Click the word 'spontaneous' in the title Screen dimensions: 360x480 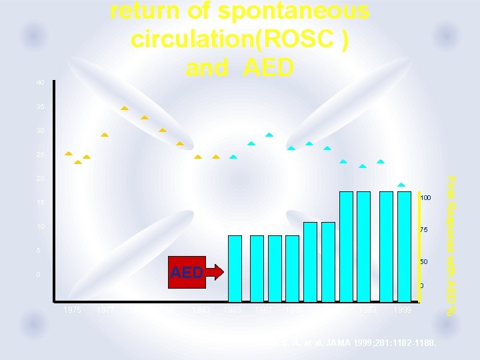point(293,12)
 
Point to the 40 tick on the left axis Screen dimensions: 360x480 point(41,83)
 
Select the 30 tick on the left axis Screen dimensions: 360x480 point(41,131)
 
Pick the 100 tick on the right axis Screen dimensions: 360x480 point(425,198)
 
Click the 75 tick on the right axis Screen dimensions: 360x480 point(423,230)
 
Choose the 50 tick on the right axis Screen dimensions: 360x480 point(423,262)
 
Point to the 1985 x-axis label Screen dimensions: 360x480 point(233,310)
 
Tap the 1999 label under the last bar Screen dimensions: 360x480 point(403,310)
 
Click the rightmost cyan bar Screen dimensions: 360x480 point(404,247)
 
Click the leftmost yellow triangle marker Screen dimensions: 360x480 point(68,153)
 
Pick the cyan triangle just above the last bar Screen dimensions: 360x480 point(401,185)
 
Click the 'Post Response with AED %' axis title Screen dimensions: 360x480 point(451,245)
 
